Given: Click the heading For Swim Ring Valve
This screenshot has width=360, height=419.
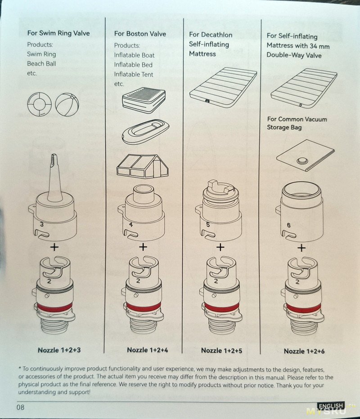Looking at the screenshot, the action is [x=58, y=33].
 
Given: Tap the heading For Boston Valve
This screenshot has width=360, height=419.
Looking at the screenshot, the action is [x=140, y=34].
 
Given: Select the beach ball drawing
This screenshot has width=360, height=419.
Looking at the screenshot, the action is [x=67, y=104].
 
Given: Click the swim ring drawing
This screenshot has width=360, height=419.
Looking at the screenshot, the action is [x=39, y=104].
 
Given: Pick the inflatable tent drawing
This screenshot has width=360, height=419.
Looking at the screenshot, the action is [x=143, y=166].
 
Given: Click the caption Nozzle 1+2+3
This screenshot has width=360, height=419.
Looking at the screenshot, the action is [x=59, y=350].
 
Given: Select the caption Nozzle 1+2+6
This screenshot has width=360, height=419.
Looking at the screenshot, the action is [x=304, y=351].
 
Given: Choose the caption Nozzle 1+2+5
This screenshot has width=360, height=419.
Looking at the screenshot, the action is [x=221, y=351].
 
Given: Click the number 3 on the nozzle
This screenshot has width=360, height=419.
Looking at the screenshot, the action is [x=42, y=224].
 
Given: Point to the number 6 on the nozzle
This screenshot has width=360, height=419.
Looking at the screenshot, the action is [x=288, y=225].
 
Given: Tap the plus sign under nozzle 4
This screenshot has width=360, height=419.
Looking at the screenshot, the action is [x=143, y=247].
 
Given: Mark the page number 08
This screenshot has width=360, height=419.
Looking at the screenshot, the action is [x=20, y=407].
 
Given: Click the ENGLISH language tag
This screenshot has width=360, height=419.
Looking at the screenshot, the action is [x=331, y=406].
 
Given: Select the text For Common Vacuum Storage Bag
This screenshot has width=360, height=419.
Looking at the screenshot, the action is [x=297, y=123].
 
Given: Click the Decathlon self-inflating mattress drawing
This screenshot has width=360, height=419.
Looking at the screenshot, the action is [x=223, y=87].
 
